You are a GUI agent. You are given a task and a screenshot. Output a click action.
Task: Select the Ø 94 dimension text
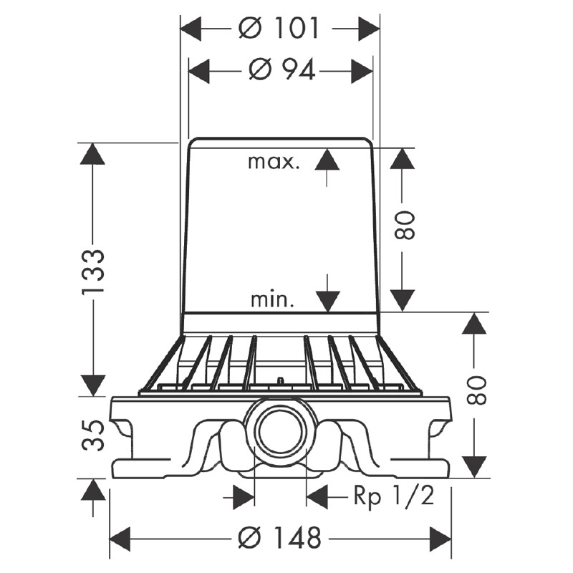pyautogui.click(x=281, y=69)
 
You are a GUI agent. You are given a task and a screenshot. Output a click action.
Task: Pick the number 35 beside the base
pyautogui.click(x=94, y=435)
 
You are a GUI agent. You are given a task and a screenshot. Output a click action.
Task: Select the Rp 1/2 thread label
pyautogui.click(x=393, y=496)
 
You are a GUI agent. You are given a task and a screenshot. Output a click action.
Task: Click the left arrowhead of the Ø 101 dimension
pyautogui.click(x=189, y=29)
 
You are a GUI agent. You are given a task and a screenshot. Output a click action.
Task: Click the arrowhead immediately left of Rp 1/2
pyautogui.click(x=317, y=496)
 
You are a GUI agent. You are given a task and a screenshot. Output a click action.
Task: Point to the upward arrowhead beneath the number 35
pyautogui.click(x=92, y=490)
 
